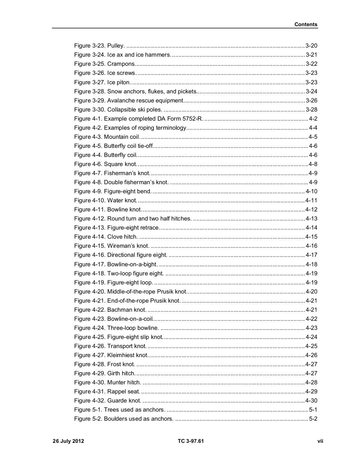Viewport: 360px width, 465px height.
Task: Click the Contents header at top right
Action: pyautogui.click(x=306, y=24)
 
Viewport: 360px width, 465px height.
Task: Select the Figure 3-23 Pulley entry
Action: pyautogui.click(x=99, y=46)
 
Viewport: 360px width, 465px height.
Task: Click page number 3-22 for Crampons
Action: pyautogui.click(x=311, y=64)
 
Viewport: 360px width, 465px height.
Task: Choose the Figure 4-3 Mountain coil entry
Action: pyautogui.click(x=107, y=137)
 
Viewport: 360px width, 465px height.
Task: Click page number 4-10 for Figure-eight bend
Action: pyautogui.click(x=311, y=191)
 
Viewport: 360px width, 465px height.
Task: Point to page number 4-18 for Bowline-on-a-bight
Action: pyautogui.click(x=311, y=264)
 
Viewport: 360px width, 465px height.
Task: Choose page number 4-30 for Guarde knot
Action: pyautogui.click(x=311, y=401)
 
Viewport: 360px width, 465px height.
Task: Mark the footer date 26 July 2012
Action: pyautogui.click(x=68, y=441)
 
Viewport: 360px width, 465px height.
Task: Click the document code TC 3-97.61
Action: pyautogui.click(x=191, y=441)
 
